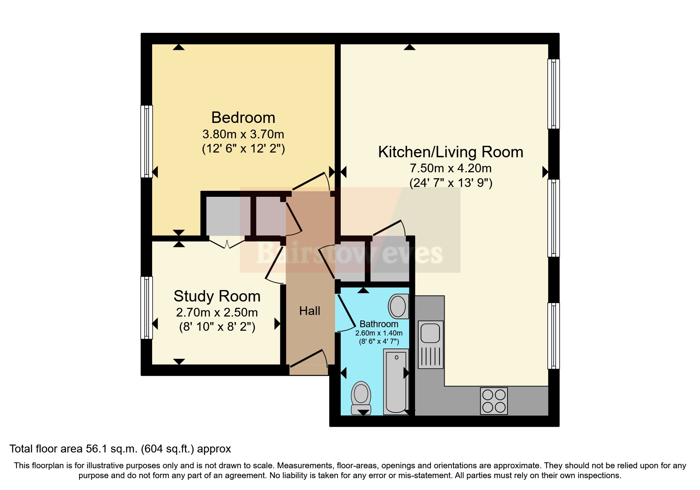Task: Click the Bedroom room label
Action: (243, 118)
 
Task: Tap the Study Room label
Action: (217, 296)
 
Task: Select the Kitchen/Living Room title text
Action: (451, 152)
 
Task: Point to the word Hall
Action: (309, 311)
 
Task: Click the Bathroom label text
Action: (379, 324)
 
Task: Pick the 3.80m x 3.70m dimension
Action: (243, 134)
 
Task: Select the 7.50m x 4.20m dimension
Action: (451, 168)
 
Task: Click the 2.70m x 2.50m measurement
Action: (217, 313)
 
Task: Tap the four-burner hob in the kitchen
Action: (494, 401)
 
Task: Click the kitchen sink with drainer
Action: (430, 345)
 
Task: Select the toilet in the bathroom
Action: (361, 398)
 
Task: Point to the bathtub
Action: (396, 382)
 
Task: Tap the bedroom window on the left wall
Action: (147, 141)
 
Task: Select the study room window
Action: (147, 307)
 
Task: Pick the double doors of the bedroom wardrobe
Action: (227, 243)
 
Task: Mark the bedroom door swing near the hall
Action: (311, 182)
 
